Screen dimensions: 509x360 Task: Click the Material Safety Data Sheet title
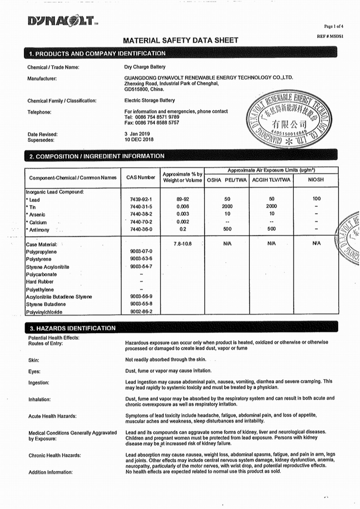[180, 40]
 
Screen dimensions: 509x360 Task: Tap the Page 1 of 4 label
[333, 26]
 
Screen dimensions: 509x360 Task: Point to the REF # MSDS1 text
[330, 36]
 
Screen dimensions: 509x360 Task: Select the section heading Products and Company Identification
[97, 54]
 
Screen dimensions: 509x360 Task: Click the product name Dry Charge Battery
[145, 67]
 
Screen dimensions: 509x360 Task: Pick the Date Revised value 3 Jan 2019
[137, 134]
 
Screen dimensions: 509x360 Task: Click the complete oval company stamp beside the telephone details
[289, 119]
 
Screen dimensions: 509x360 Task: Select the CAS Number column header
[141, 177]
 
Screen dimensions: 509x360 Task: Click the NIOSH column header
[316, 180]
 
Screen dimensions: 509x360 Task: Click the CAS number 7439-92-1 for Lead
[141, 199]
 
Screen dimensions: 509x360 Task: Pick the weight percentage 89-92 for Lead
[183, 199]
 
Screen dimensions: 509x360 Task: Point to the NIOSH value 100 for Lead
[316, 199]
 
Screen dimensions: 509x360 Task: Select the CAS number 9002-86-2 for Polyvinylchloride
[141, 311]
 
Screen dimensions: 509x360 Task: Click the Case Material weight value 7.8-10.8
[183, 244]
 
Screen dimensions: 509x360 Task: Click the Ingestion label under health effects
[39, 383]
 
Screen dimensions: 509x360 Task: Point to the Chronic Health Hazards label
[55, 455]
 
